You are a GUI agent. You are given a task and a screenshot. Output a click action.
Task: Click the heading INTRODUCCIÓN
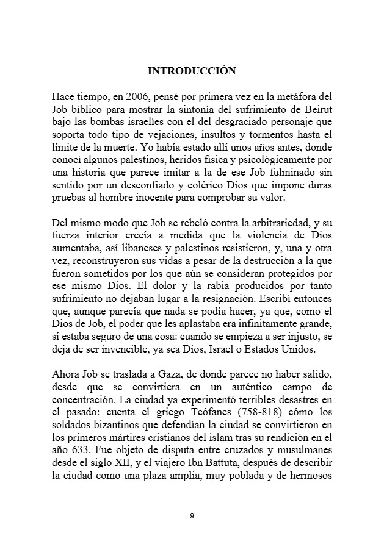[x=192, y=71]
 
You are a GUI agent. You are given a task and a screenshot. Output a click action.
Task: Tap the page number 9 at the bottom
[x=192, y=516]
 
